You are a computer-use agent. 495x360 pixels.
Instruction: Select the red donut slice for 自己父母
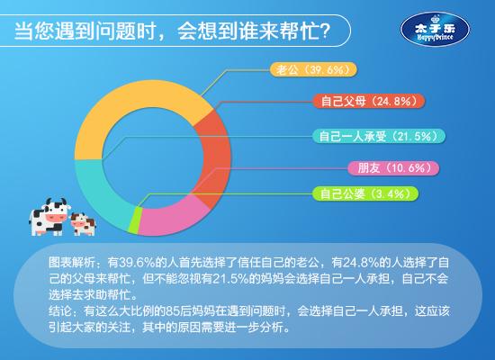[x=216, y=157]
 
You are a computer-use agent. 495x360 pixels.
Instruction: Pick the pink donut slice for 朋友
[x=170, y=218]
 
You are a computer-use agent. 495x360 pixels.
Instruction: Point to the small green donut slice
[x=134, y=220]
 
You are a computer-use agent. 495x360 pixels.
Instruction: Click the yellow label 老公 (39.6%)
[x=313, y=69]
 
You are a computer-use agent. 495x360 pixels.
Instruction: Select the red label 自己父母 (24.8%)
[x=369, y=101]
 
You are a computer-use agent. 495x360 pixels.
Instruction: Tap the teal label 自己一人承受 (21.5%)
[x=379, y=136]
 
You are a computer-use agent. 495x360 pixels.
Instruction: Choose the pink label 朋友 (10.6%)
[x=393, y=168]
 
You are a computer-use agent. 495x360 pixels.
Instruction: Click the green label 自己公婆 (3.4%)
[x=364, y=193]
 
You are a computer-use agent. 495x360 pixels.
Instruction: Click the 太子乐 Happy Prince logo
[x=435, y=30]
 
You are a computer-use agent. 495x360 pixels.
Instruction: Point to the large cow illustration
[x=49, y=217]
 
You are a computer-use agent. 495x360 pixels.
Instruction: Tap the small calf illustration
[x=84, y=224]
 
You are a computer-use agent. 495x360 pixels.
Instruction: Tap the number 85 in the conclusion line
[x=173, y=311]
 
